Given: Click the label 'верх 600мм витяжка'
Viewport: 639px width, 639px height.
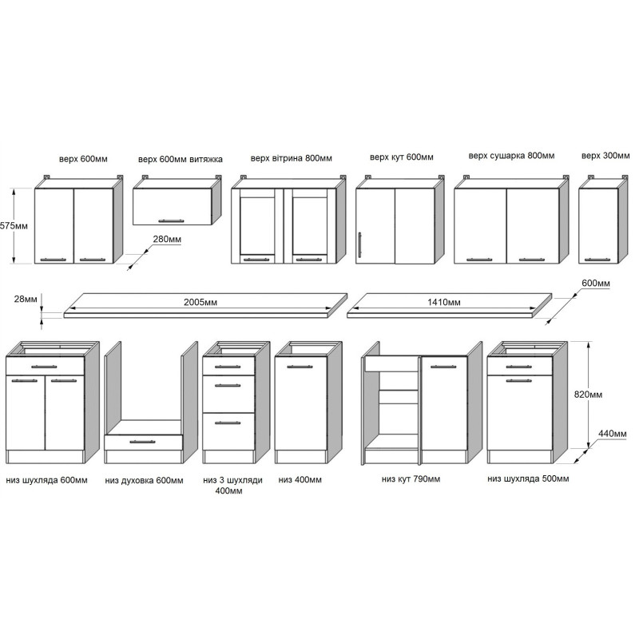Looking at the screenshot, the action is tap(181, 159).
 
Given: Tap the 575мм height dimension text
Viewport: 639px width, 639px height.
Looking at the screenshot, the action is tap(14, 226).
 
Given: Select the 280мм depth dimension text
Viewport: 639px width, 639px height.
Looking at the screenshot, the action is tap(167, 239).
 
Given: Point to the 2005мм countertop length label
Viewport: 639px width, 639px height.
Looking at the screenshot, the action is tap(200, 303).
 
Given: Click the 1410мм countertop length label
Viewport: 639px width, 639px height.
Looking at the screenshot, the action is tap(444, 303).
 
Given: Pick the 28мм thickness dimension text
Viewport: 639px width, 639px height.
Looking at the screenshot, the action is tap(26, 299).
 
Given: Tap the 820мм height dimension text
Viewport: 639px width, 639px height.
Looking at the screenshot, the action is tap(588, 395).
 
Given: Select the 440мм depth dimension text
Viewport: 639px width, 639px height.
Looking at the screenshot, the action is tap(612, 434).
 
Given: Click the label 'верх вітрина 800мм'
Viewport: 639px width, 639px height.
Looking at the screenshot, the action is tap(292, 158).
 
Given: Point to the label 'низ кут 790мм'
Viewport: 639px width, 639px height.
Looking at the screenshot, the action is tap(411, 479).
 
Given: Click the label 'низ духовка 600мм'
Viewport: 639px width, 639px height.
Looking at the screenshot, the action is tap(144, 481).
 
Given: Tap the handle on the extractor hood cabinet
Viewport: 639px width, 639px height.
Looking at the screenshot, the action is tap(171, 221).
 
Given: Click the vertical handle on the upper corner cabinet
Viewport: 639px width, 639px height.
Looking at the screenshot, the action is tap(360, 245).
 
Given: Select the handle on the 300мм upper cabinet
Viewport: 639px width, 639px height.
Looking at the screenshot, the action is tap(598, 259).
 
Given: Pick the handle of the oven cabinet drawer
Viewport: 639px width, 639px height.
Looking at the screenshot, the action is tap(143, 442).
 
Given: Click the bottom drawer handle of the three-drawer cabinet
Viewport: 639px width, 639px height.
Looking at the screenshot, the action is tap(228, 423).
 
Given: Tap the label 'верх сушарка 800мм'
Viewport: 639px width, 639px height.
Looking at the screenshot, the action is tap(511, 156).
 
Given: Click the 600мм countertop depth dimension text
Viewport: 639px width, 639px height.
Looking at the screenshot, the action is tap(596, 284).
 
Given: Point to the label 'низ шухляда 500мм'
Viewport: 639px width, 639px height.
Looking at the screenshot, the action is tap(528, 478).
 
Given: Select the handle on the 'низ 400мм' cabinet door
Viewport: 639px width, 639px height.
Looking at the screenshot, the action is tap(300, 367).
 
